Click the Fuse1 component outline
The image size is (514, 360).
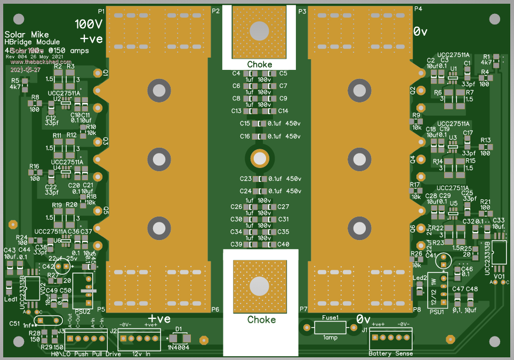click(x=331, y=327)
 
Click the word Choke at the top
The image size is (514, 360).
click(x=259, y=65)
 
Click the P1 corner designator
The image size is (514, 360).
click(x=101, y=10)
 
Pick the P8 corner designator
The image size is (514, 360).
click(x=417, y=309)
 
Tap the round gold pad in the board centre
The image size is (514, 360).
click(x=259, y=158)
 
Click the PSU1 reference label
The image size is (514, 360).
click(x=437, y=312)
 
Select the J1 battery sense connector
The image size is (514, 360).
click(x=389, y=338)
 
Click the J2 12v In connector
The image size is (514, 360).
click(x=139, y=338)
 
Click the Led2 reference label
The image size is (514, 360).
click(x=420, y=278)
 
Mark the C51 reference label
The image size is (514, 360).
click(x=15, y=323)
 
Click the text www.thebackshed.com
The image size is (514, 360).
click(x=34, y=62)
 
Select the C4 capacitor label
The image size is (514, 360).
click(x=236, y=73)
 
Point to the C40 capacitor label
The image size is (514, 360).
click(x=283, y=244)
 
